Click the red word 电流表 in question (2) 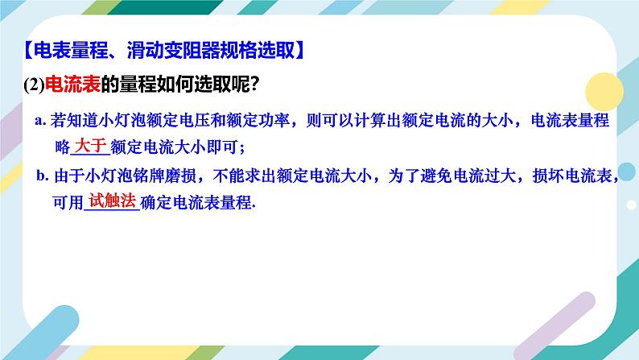click(68, 85)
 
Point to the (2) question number click(33, 85)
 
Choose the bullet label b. click(42, 175)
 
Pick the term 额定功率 click(256, 120)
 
